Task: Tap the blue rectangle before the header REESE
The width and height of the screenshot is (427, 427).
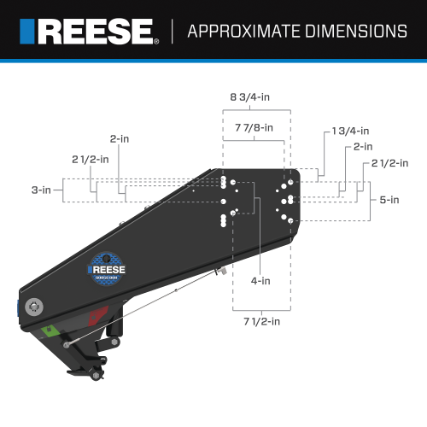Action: (x=28, y=32)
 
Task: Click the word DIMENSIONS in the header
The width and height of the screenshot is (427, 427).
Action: (x=352, y=32)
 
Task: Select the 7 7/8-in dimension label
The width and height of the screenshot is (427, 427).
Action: (x=254, y=127)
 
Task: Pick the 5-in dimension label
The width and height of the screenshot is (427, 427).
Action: (x=389, y=200)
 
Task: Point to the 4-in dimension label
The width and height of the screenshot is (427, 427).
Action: (x=260, y=280)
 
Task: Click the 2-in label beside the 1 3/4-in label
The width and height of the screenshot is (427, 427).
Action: (x=363, y=146)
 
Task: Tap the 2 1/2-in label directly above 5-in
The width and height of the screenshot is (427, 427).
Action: (x=384, y=162)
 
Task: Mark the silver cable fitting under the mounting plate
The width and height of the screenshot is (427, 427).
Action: (x=219, y=272)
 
